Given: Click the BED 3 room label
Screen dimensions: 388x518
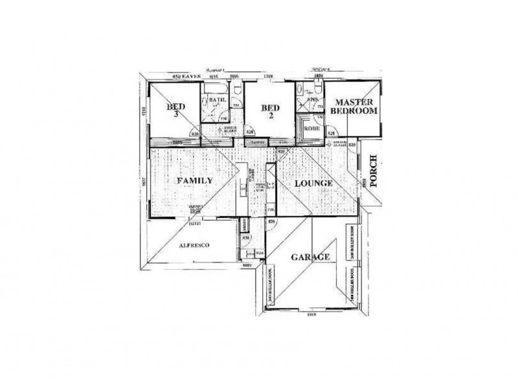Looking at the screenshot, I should point(175,109).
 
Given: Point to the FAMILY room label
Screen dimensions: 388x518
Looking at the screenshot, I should point(195,181).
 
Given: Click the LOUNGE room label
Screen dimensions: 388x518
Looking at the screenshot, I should point(313,184).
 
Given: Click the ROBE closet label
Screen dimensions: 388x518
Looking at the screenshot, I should point(313,128).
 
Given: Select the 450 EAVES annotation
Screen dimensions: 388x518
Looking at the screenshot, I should point(186,77).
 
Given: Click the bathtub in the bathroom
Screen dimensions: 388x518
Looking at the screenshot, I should point(216,87).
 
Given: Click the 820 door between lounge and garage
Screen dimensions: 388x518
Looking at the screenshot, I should point(272,222).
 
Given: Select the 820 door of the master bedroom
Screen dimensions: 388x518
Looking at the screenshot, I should point(331,133).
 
